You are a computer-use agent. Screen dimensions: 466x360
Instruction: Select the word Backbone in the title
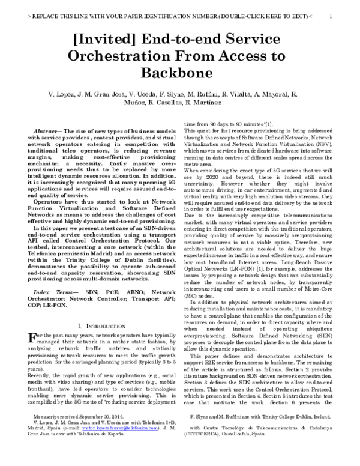pyautogui.click(x=179, y=73)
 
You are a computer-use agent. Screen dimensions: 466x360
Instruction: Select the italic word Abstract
pyautogui.click(x=48, y=130)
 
